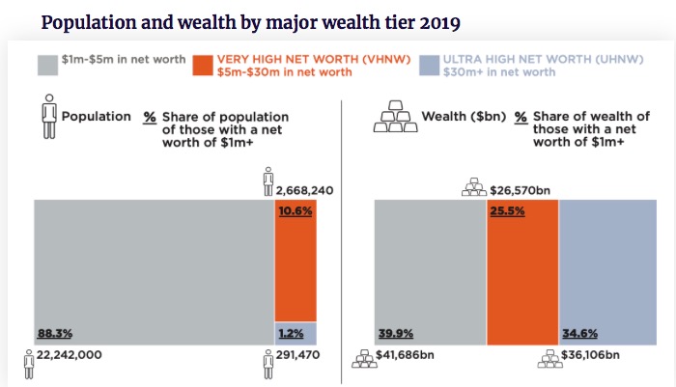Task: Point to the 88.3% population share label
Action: (x=54, y=334)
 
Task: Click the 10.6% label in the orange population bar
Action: (x=296, y=210)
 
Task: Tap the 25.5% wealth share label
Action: (x=508, y=210)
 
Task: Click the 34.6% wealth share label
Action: (x=580, y=334)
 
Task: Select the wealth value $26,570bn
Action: (x=521, y=189)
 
